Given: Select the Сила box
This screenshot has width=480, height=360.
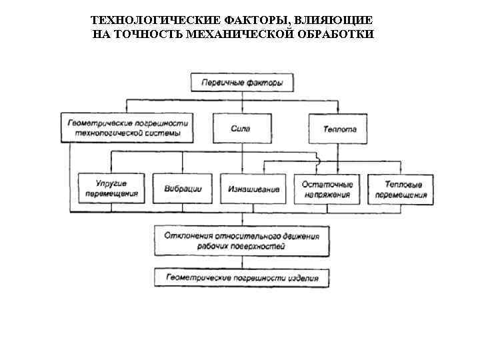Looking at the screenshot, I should [x=242, y=128].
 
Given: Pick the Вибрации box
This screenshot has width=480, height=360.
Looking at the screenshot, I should [x=183, y=189].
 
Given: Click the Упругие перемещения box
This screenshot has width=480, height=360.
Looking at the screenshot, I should [x=111, y=189].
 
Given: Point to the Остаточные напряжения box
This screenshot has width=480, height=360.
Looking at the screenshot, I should [x=327, y=189].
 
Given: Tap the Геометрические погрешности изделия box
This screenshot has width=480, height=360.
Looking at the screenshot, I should [x=242, y=277].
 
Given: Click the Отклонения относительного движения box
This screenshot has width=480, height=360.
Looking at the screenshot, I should [x=242, y=241].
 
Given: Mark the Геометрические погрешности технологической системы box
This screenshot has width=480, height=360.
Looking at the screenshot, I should [x=129, y=128].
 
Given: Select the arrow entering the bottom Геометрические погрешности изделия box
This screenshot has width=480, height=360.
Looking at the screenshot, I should [x=242, y=264].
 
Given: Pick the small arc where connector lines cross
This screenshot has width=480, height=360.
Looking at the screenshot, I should [x=318, y=161].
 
